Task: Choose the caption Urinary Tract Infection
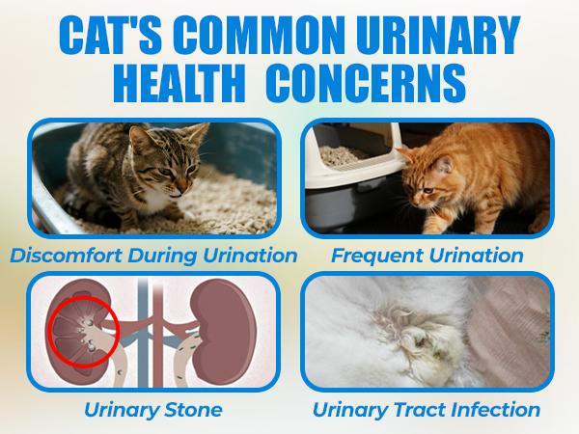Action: (x=426, y=409)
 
